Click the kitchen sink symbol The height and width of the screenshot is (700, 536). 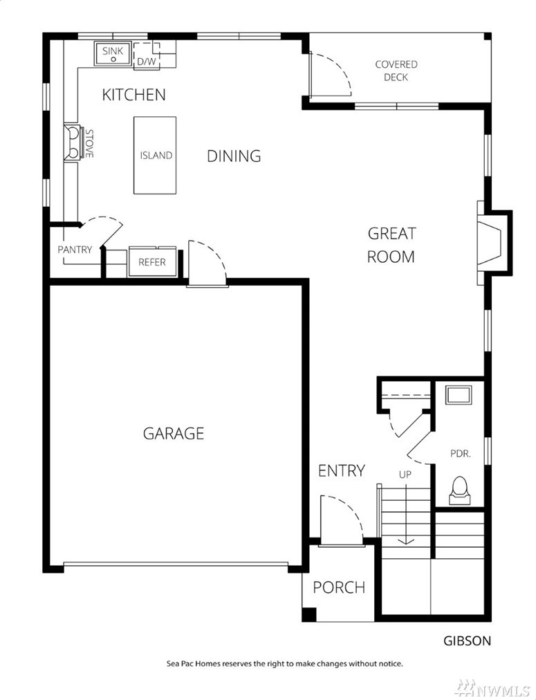click(x=113, y=54)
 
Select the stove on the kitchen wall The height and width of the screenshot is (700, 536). click(x=73, y=142)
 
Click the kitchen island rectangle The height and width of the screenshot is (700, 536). click(x=155, y=156)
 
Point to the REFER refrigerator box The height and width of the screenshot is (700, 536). click(x=152, y=261)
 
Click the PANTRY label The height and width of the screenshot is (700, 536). click(x=75, y=250)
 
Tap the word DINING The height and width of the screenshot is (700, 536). click(x=234, y=156)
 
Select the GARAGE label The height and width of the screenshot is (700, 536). click(x=174, y=433)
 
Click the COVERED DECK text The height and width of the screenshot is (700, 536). click(x=396, y=71)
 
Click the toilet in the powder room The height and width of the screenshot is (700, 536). click(x=460, y=491)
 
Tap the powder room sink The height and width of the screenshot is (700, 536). click(x=459, y=396)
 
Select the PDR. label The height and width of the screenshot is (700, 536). click(x=460, y=454)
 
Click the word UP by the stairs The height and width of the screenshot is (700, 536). click(x=405, y=474)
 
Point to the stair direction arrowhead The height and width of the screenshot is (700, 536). click(x=406, y=542)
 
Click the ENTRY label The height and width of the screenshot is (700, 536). click(x=342, y=470)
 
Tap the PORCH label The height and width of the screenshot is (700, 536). click(x=339, y=587)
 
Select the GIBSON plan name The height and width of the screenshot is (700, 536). click(x=467, y=641)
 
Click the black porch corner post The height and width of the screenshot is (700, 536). click(x=309, y=614)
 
